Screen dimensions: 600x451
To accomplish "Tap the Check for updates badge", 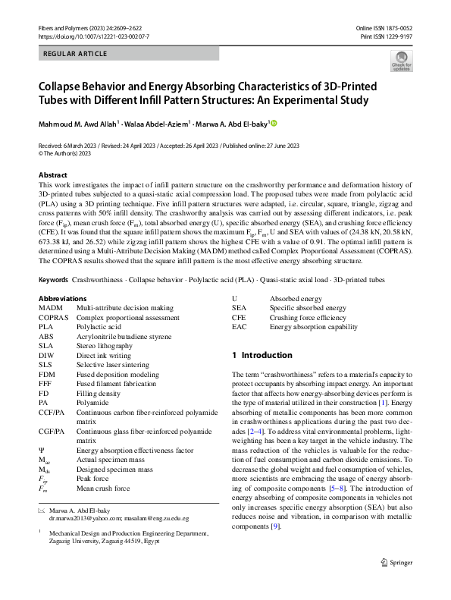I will pyautogui.click(x=401, y=61).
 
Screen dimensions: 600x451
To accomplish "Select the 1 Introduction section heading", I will pyautogui.click(x=262, y=355).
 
